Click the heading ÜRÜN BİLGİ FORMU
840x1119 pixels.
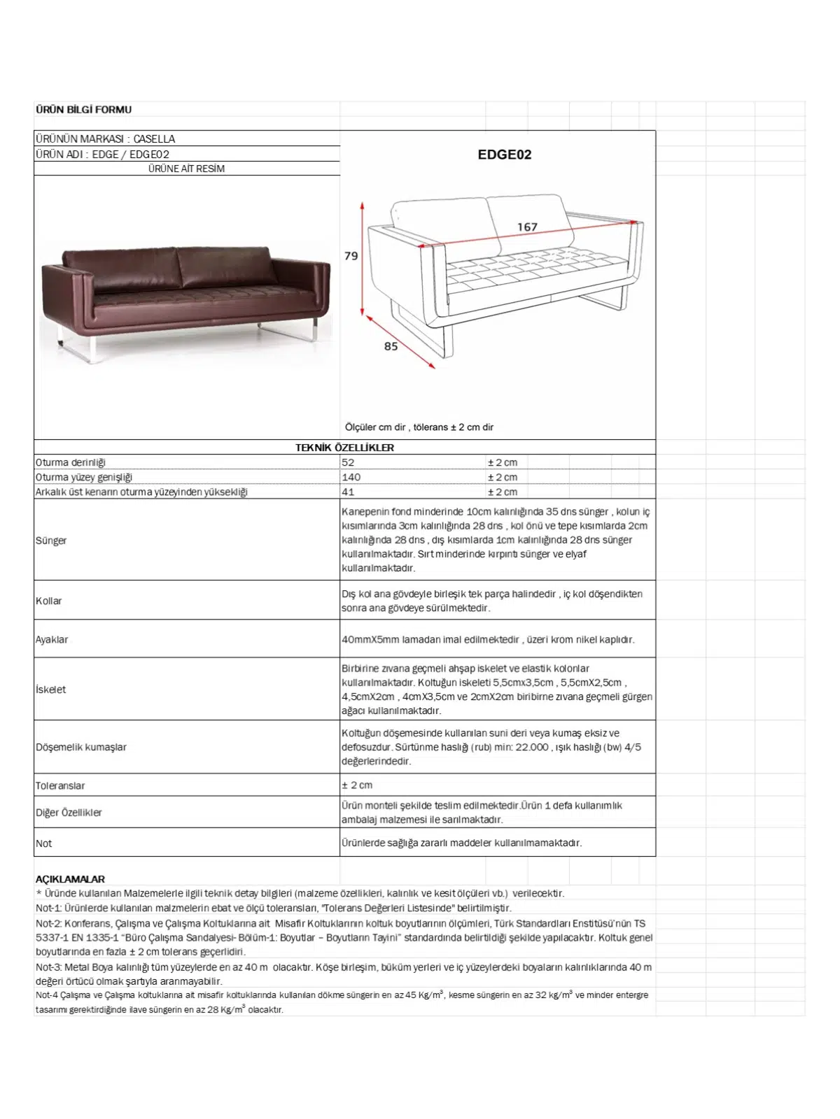click(83, 109)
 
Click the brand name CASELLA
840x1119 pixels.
click(154, 138)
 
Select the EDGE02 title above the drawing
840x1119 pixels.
click(504, 155)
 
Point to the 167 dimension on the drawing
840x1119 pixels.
click(527, 227)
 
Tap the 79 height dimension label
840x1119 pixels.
click(351, 256)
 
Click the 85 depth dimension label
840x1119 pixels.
click(391, 346)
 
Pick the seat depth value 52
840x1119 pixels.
click(348, 462)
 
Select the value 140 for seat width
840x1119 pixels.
click(351, 477)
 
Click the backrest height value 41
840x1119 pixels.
click(348, 492)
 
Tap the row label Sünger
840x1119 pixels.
click(51, 540)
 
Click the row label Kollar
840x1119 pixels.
click(49, 601)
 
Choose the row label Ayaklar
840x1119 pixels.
click(52, 639)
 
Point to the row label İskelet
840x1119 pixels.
click(51, 689)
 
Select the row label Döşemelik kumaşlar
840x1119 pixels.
click(81, 747)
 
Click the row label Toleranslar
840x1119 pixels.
click(60, 785)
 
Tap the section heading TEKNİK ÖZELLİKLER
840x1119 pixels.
click(344, 448)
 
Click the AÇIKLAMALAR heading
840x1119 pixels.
click(70, 879)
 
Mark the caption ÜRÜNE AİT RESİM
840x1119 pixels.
click(186, 169)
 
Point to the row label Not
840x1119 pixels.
click(43, 843)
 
